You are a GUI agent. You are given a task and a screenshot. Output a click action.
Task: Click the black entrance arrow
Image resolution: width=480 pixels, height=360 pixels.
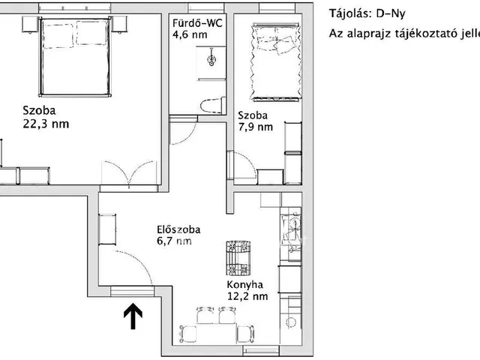point(133,316)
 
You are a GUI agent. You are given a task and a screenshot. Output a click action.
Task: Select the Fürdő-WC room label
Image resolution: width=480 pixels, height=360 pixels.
point(197,23)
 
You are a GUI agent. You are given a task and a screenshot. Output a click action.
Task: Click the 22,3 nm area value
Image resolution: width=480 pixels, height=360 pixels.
point(46,124)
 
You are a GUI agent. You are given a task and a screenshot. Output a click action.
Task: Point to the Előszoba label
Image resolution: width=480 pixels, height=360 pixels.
point(178,229)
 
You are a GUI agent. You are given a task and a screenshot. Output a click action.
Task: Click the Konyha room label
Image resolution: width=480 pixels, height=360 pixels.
point(245,285)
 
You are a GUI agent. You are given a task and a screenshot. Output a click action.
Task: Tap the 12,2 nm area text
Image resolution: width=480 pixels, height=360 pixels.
point(247,296)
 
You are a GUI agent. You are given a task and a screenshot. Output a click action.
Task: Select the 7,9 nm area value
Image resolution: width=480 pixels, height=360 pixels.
point(256,127)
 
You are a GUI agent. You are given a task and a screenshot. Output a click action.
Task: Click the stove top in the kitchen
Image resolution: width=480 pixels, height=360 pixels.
point(238,258)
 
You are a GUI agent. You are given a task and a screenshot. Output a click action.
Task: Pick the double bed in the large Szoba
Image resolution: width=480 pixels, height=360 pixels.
point(76,57)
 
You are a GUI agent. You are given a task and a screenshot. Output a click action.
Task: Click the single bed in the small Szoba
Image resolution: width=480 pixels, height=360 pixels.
point(276,61)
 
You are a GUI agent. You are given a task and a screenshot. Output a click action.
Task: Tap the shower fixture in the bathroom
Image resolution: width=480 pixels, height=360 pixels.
point(211,57)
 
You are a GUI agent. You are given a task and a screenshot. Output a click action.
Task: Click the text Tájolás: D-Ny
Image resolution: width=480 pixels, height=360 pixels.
point(367,13)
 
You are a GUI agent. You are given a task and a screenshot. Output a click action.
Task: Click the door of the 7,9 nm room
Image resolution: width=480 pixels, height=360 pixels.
point(241,165)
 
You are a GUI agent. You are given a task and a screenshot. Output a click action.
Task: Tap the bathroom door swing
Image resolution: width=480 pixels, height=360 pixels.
point(184,132)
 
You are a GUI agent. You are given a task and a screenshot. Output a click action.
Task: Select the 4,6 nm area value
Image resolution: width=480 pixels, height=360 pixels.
point(190,34)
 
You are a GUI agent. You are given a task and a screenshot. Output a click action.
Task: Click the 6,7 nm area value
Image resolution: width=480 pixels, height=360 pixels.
point(174,241)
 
